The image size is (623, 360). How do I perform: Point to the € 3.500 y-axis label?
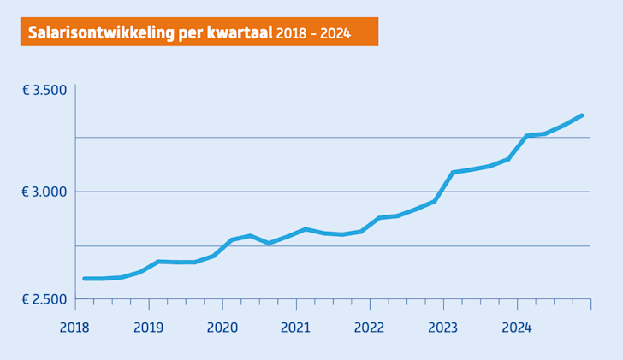pyautogui.click(x=44, y=90)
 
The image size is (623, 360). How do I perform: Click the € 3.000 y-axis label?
pyautogui.click(x=44, y=192)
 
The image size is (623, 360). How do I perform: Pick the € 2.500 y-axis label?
pyautogui.click(x=44, y=299)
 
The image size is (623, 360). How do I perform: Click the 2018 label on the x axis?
pyautogui.click(x=75, y=328)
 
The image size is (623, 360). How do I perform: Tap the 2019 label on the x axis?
pyautogui.click(x=149, y=328)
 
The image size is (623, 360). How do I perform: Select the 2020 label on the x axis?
pyautogui.click(x=222, y=328)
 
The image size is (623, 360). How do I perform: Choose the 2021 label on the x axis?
pyautogui.click(x=295, y=328)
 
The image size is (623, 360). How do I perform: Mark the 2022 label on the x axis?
pyautogui.click(x=369, y=328)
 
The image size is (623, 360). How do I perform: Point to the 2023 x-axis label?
pyautogui.click(x=442, y=328)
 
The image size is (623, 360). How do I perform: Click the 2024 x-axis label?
pyautogui.click(x=516, y=328)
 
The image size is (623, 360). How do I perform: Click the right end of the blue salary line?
pyautogui.click(x=582, y=115)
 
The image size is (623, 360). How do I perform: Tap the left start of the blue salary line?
pyautogui.click(x=84, y=279)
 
